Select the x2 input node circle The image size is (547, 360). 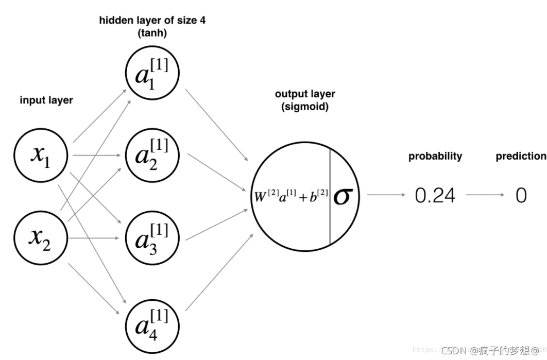point(41,238)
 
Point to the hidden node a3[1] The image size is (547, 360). point(152,238)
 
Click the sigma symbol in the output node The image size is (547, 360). point(344,196)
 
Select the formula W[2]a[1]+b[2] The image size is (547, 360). point(290,196)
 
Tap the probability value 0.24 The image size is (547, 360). point(435,196)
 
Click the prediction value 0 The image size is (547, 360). point(521,196)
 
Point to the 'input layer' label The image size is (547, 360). point(46,100)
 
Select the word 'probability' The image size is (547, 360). point(435,156)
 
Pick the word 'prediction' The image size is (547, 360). point(521,156)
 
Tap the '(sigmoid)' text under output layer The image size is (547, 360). point(305,107)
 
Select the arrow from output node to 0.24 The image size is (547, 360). point(386,195)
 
